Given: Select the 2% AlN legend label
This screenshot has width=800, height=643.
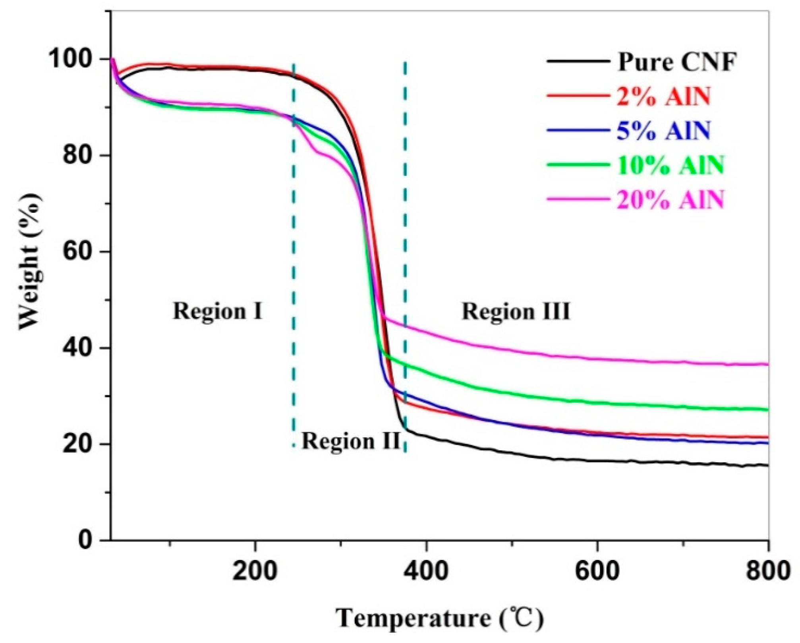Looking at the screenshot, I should pos(663,96).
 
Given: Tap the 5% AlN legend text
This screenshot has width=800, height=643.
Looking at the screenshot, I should pos(663,131).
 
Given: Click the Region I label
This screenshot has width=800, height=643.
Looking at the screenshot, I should pos(218,311).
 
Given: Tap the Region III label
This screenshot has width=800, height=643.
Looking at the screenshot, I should pos(516,311).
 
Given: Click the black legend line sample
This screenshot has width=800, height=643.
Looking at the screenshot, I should pos(578,61).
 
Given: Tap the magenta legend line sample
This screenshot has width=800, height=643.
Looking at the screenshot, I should pos(578,199).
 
